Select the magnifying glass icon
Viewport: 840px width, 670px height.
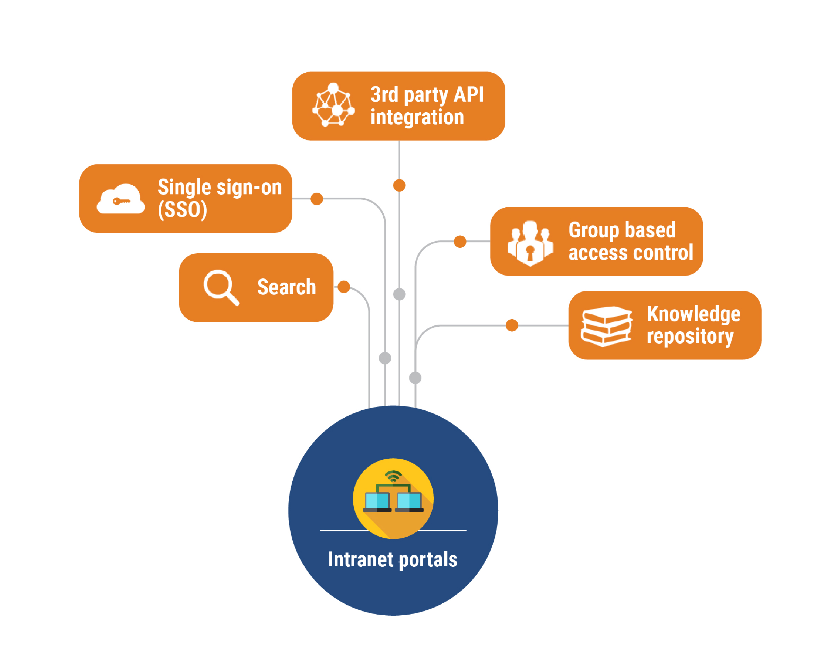221,287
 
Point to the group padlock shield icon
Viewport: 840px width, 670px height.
530,243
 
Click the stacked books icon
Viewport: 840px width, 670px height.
606,326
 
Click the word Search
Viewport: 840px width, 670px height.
286,287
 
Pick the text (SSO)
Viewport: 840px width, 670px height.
182,210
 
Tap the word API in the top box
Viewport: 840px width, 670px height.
469,95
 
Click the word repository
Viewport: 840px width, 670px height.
690,336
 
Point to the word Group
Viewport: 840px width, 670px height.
594,230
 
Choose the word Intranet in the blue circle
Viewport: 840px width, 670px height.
360,559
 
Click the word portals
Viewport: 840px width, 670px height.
428,560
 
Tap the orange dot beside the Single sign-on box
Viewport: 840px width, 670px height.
317,199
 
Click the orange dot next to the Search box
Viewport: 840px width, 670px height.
343,287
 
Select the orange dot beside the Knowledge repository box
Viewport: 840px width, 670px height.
512,325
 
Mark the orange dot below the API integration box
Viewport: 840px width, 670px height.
399,186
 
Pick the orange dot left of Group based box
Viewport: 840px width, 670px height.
460,242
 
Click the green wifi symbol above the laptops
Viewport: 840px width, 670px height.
393,476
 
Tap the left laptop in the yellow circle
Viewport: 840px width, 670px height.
377,502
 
